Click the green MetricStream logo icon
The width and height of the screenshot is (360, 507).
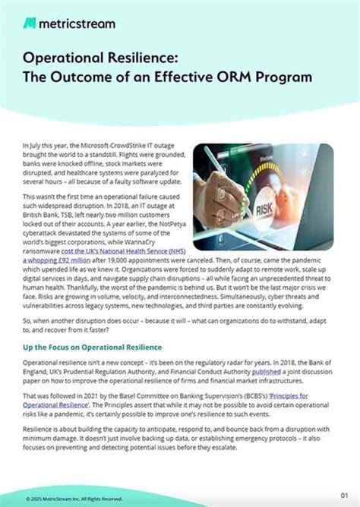coord(29,23)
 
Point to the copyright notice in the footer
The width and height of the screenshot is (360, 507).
coord(73,498)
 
